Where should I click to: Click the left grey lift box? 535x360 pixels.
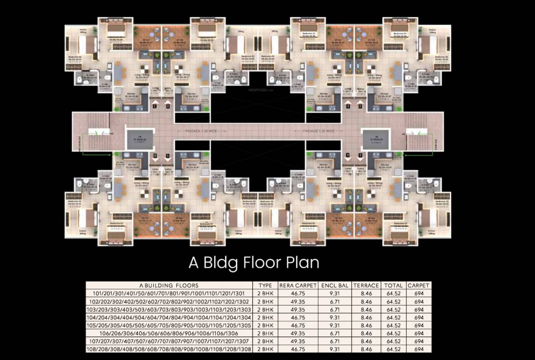click(x=137, y=139)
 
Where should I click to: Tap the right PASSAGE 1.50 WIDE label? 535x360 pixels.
click(x=318, y=131)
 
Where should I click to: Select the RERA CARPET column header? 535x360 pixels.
click(x=298, y=285)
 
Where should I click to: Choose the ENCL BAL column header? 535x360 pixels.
click(x=333, y=285)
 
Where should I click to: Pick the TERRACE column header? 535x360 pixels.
click(x=366, y=285)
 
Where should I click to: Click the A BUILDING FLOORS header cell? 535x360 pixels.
click(x=169, y=285)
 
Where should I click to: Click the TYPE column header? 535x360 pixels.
click(x=265, y=285)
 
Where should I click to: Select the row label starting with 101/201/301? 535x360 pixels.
click(x=169, y=293)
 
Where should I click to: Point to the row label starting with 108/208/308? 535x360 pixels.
click(x=169, y=349)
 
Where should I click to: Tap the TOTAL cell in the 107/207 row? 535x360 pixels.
click(x=393, y=341)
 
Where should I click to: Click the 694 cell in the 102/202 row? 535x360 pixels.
click(x=418, y=301)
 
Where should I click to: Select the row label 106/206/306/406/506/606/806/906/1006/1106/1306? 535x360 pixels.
click(x=169, y=333)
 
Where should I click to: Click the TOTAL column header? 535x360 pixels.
click(x=393, y=285)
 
